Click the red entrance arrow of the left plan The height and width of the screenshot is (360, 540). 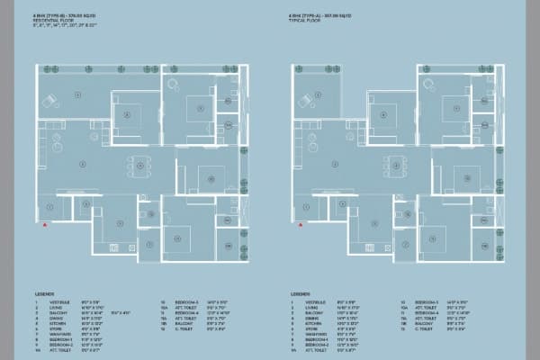(x=45, y=225)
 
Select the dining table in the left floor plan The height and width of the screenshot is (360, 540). (x=140, y=164)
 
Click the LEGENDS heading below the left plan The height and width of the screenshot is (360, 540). (x=44, y=293)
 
